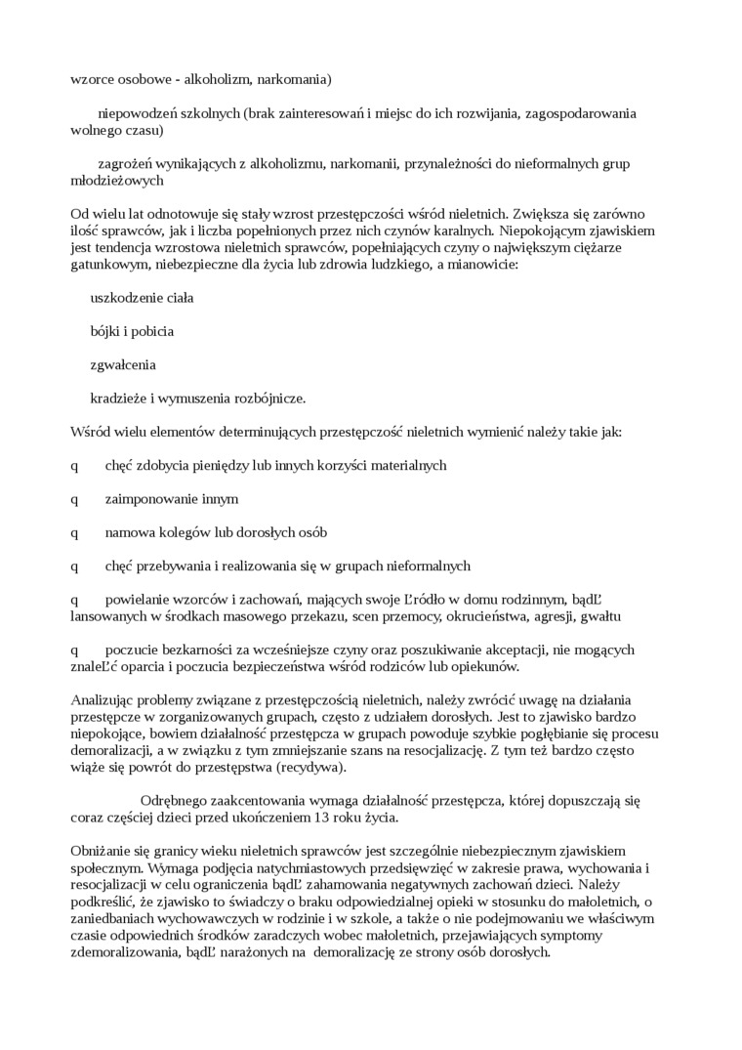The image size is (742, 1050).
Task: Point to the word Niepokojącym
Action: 540,231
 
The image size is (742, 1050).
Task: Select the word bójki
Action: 105,331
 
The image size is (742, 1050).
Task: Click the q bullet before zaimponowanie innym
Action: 74,499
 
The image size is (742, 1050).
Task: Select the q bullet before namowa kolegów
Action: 74,533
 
